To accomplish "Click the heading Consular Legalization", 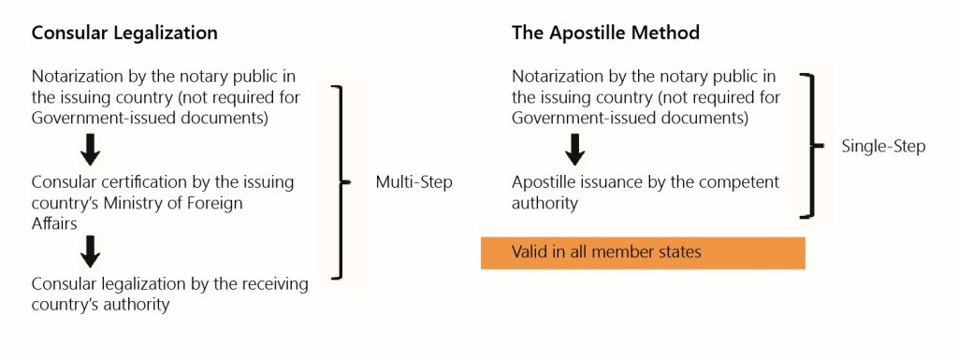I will [x=124, y=33].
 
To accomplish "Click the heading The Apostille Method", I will [x=605, y=33].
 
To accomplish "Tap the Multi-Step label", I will [x=414, y=182].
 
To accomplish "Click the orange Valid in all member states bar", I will [x=643, y=252].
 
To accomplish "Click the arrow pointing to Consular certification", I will [x=91, y=148].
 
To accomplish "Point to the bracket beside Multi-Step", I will [x=342, y=182].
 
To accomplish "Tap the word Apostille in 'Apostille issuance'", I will [x=545, y=181].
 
